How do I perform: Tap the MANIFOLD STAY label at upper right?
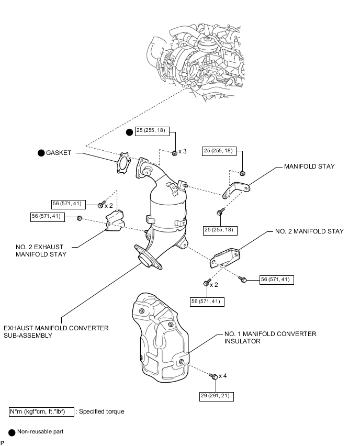click(309, 166)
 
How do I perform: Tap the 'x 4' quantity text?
click(223, 376)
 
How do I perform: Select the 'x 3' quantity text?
click(183, 151)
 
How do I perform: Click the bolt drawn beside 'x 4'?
click(213, 376)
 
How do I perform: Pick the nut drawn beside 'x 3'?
click(174, 152)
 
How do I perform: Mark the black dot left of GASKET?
click(41, 153)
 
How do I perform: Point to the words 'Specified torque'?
click(102, 411)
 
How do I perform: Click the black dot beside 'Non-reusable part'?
click(12, 432)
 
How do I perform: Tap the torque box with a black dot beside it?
click(152, 133)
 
